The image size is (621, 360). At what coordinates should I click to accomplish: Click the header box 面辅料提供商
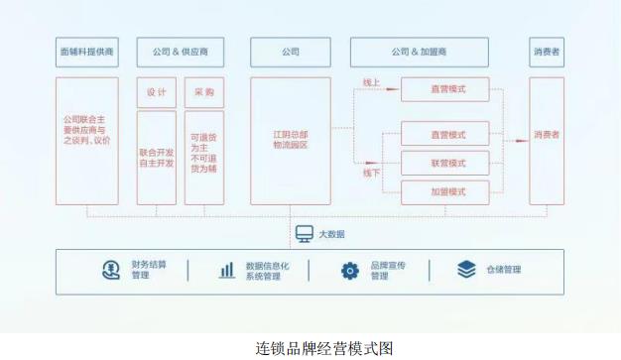[x=86, y=52]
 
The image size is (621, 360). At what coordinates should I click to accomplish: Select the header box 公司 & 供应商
[x=180, y=52]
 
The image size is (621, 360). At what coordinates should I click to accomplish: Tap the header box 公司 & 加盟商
[x=419, y=52]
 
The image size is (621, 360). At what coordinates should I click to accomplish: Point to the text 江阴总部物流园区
[x=291, y=138]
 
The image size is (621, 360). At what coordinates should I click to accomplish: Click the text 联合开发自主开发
[x=157, y=157]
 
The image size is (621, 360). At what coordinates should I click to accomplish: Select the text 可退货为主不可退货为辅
[x=204, y=156]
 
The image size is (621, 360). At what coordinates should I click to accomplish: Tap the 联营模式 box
[x=445, y=162]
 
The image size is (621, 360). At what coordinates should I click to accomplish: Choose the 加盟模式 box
[x=445, y=190]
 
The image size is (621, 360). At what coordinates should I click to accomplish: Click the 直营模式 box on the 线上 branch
[x=445, y=90]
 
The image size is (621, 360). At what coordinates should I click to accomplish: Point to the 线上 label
[x=371, y=84]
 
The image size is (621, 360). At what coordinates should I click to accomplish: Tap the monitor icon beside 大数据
[x=304, y=234]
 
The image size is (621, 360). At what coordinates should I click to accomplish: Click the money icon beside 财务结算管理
[x=110, y=270]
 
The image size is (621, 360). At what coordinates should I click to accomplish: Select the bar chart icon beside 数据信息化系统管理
[x=227, y=270]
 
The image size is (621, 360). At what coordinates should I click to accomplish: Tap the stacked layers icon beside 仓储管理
[x=465, y=270]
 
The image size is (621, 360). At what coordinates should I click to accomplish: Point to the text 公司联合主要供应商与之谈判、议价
[x=86, y=134]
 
